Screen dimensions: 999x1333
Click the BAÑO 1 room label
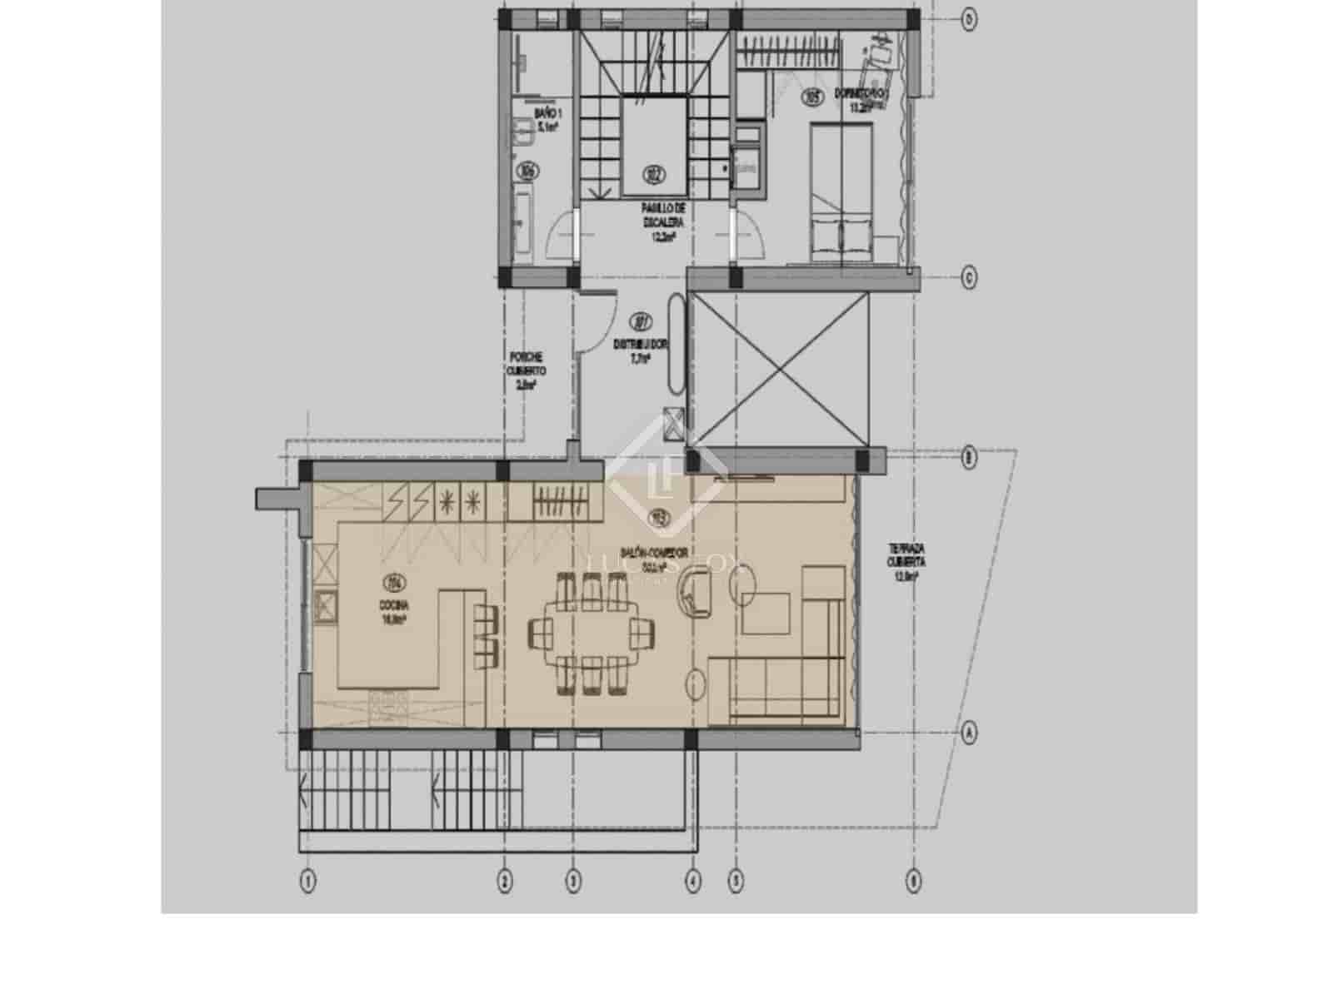pos(547,120)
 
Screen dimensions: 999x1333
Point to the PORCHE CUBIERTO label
pos(525,370)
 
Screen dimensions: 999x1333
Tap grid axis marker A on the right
pos(969,733)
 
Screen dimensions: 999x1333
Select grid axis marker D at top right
pos(969,17)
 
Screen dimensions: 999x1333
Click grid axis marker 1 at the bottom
pos(308,880)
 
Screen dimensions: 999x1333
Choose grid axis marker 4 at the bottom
pos(692,880)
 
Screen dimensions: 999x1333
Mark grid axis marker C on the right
pos(969,277)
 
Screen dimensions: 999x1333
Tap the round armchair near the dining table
pos(696,589)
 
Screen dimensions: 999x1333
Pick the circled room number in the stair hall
pos(654,174)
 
